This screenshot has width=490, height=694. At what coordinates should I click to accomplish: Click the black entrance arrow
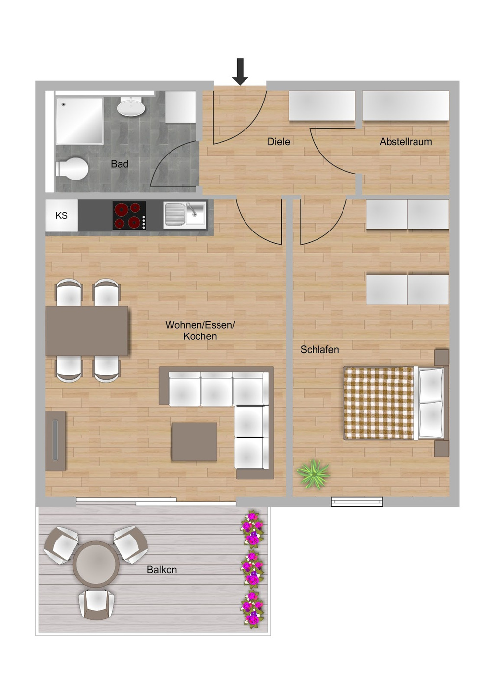click(x=240, y=72)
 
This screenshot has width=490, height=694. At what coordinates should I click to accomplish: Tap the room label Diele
click(x=278, y=142)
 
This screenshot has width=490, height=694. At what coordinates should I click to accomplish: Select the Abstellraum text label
click(x=405, y=142)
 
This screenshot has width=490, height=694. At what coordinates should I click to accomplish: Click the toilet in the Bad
click(x=73, y=169)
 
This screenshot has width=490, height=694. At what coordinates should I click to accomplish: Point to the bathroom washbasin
click(x=131, y=106)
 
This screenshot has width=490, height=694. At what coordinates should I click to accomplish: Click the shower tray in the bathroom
click(x=79, y=121)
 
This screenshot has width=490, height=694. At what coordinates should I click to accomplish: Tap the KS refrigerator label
click(x=61, y=215)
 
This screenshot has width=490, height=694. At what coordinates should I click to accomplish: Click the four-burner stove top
click(x=129, y=215)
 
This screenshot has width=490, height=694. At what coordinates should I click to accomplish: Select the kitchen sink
click(x=184, y=215)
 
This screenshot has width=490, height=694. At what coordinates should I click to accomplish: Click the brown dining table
click(x=87, y=331)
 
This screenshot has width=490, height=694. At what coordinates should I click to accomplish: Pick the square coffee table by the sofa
click(x=194, y=441)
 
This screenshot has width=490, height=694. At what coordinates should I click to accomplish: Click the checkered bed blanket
click(x=378, y=403)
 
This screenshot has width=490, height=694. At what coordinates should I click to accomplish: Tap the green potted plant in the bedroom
click(x=313, y=474)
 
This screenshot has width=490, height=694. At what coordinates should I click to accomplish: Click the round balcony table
click(x=96, y=564)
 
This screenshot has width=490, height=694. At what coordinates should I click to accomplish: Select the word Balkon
click(x=162, y=570)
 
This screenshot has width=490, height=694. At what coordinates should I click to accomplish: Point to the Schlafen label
click(x=319, y=350)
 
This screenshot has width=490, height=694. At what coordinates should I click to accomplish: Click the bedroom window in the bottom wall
click(x=357, y=501)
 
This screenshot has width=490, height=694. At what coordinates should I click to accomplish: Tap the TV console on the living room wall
click(x=55, y=440)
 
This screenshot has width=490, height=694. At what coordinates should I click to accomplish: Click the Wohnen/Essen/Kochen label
click(x=200, y=331)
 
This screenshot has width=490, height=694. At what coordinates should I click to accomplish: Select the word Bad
click(x=120, y=164)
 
